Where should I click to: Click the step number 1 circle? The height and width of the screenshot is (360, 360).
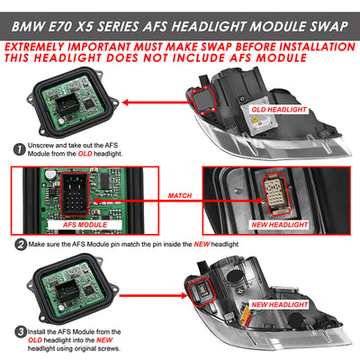(x=20, y=149)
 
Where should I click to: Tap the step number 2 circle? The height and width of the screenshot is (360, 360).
(x=21, y=245)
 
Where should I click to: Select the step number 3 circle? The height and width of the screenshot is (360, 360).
(x=21, y=332)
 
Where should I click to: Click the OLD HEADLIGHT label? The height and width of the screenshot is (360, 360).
(x=279, y=110)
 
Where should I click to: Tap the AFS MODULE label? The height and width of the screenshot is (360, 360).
(x=85, y=225)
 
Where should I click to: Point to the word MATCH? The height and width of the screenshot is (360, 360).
(x=180, y=195)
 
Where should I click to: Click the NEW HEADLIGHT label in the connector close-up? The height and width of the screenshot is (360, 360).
(x=280, y=225)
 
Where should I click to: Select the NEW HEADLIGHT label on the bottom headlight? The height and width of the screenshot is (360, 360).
(x=280, y=305)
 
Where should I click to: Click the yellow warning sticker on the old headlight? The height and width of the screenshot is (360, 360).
(x=256, y=121)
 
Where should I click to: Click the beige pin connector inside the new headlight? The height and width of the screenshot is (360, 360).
(x=276, y=193)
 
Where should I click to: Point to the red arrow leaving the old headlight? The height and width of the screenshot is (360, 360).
(x=157, y=103)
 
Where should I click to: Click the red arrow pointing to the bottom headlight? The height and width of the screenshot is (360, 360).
(x=153, y=295)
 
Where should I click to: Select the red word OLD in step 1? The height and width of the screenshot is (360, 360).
(x=85, y=154)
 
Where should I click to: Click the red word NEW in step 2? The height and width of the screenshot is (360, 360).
(x=202, y=244)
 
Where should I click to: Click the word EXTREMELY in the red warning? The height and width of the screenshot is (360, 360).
(x=34, y=47)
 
